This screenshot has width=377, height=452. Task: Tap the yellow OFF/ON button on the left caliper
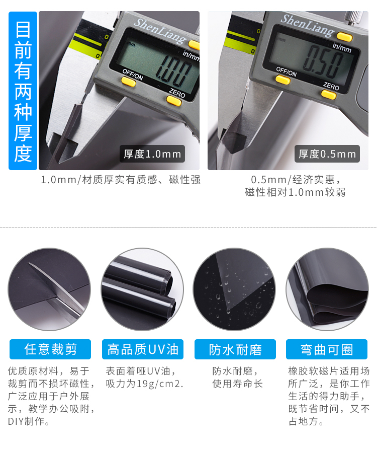128,82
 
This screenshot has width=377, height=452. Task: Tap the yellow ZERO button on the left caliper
174,101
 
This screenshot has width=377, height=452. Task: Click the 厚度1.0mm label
152,154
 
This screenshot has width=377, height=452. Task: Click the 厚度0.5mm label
327,154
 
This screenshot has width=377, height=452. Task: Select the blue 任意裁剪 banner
50,349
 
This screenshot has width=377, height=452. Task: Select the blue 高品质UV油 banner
143,349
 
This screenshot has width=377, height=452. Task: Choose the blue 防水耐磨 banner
235,349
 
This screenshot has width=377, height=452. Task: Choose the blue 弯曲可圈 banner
327,349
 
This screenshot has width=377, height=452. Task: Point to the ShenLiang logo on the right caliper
307,26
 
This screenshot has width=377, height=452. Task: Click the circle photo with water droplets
234,289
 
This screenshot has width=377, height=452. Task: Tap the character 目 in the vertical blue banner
23,30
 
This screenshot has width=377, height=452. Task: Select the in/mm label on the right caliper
342,47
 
